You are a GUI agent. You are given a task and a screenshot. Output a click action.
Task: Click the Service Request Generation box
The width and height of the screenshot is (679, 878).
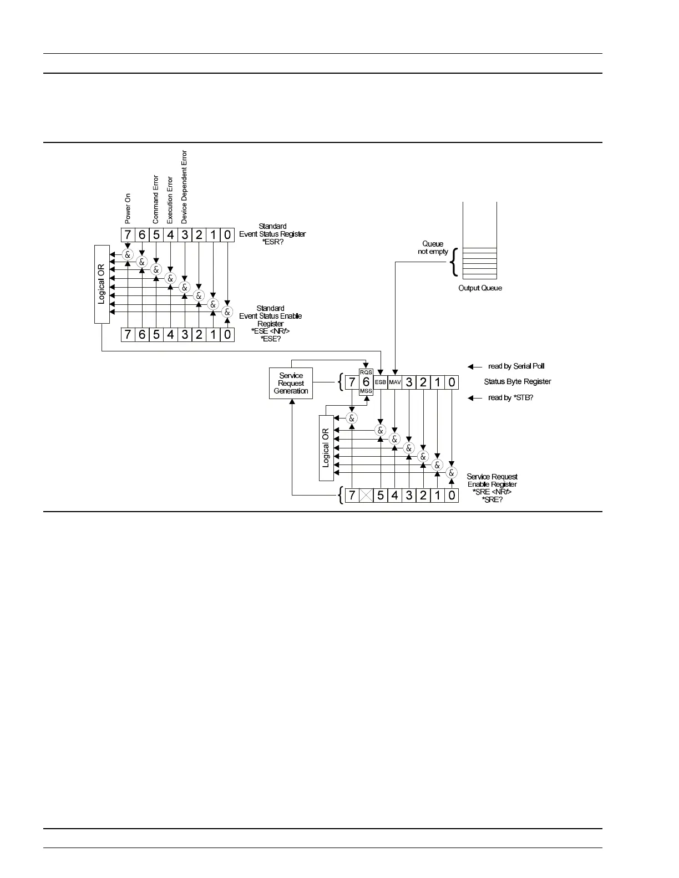click(x=291, y=383)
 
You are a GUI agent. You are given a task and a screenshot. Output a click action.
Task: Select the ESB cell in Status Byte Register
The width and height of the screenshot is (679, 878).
click(x=380, y=382)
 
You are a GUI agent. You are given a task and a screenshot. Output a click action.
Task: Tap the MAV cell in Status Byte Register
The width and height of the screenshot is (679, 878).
click(x=394, y=382)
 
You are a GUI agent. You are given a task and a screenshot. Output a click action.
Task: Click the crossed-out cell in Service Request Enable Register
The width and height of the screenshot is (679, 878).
click(x=366, y=496)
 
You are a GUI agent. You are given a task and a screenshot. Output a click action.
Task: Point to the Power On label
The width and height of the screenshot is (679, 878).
click(x=128, y=208)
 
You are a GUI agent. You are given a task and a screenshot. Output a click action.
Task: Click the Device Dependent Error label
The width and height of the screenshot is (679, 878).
click(x=185, y=187)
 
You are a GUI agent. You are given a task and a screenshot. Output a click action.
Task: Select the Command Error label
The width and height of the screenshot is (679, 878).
click(x=156, y=200)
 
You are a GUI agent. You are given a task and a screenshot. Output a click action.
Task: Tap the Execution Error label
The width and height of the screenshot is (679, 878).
click(x=170, y=200)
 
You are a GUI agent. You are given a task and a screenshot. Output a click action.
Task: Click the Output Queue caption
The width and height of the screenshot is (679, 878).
click(x=480, y=288)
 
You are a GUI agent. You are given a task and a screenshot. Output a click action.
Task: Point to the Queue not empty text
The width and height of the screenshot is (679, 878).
click(x=433, y=248)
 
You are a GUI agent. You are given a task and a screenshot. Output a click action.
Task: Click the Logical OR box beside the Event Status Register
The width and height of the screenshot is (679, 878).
click(x=102, y=284)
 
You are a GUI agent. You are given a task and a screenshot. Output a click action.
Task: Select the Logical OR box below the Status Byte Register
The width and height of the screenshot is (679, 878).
click(x=326, y=448)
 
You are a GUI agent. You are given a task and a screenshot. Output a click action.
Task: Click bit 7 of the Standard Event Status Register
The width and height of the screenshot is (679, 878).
click(x=128, y=235)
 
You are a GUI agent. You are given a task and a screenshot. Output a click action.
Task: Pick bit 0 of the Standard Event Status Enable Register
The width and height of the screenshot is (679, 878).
click(x=227, y=334)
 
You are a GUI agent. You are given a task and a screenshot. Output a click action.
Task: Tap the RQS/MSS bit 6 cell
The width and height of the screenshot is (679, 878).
click(x=366, y=382)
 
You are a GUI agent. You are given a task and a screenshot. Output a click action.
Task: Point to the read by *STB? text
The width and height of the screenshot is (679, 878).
click(x=510, y=398)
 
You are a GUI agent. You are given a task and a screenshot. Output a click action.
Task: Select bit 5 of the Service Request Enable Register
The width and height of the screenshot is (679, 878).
click(x=381, y=496)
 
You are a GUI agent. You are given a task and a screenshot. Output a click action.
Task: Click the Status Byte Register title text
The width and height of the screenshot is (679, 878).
click(x=518, y=382)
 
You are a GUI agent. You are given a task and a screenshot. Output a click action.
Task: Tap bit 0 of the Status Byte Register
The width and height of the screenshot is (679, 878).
click(x=452, y=382)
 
